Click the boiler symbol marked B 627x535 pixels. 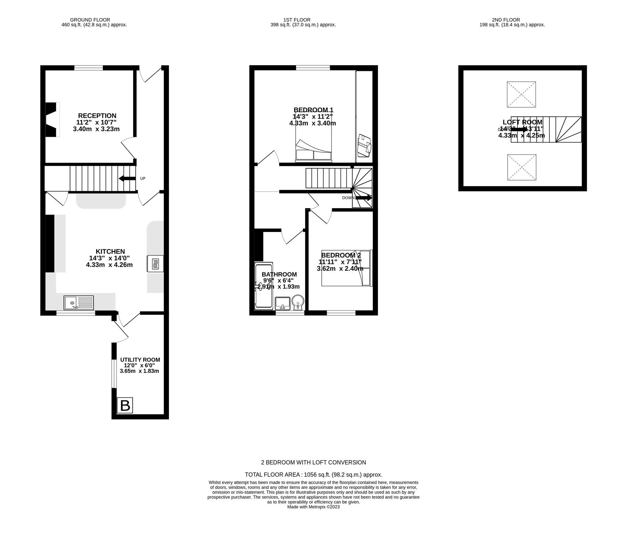pos(125,405)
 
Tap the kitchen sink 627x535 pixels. pos(79,303)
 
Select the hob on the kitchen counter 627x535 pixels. pos(155,264)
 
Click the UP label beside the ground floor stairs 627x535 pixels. pos(143,178)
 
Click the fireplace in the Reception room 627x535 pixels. pos(52,120)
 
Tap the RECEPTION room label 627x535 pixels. pos(97,116)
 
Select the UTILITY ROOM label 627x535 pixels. pos(140,360)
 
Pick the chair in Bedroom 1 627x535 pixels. pos(364,146)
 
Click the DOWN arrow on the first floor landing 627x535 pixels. pos(363,198)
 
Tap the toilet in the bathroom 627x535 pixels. pos(298,301)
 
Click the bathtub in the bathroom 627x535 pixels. pos(264,286)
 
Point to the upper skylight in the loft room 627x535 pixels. pos(521,94)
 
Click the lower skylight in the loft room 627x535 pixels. pos(522,167)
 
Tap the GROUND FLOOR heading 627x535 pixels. pos(90,20)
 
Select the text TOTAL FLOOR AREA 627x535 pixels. pos(272,475)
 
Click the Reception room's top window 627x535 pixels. pos(89,68)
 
